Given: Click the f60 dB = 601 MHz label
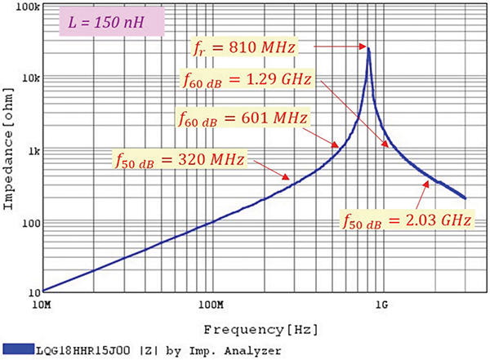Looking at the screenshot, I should pos(243,119).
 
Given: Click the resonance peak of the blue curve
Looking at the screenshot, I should pos(369,48).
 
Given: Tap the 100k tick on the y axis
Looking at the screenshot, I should pos(27,6).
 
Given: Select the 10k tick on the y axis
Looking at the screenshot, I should pos(29,78).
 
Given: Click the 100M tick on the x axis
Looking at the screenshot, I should pos(210,305).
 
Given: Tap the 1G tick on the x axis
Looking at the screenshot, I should pos(381,305).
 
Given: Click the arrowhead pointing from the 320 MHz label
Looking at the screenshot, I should pos(287,176).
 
